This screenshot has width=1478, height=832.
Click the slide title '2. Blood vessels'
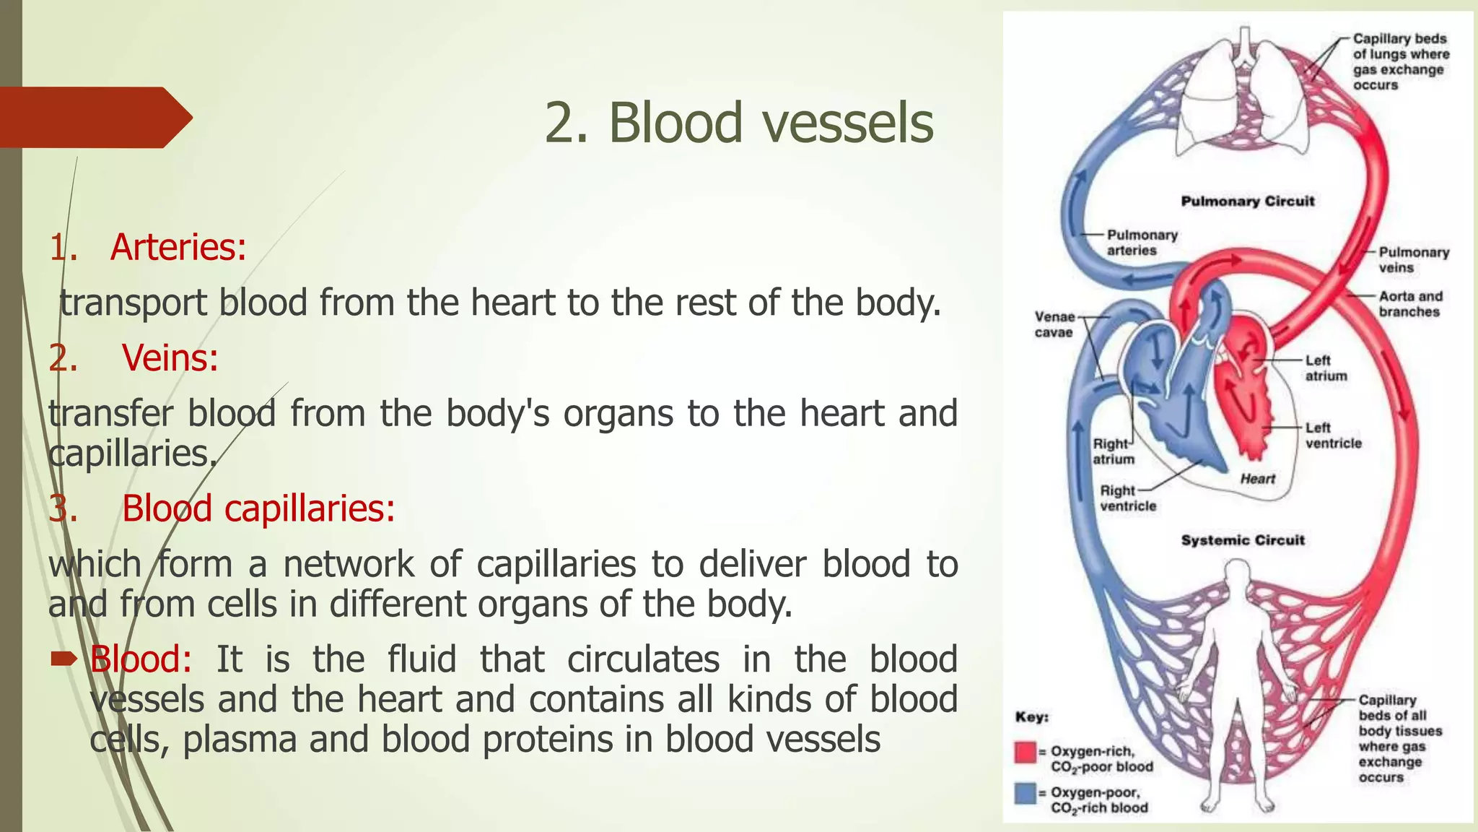tap(738, 123)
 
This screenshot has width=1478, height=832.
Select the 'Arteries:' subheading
tap(178, 247)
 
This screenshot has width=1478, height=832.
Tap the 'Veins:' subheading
tap(170, 357)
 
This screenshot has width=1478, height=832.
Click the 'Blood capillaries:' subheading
tap(258, 508)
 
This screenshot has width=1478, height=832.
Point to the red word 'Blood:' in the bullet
tap(141, 659)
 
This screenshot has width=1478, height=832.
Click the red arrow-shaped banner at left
tap(94, 117)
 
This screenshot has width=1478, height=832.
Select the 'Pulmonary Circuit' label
tap(1247, 201)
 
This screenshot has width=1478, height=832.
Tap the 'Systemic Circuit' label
tap(1243, 540)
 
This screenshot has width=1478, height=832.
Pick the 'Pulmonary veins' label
tap(1413, 260)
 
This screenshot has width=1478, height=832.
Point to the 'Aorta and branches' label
tap(1410, 304)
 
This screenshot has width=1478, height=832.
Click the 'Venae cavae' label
tap(1054, 325)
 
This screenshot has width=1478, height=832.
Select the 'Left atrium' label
tap(1326, 368)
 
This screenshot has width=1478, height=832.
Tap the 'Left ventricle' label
tap(1332, 436)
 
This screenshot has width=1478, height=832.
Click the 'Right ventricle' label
tap(1127, 498)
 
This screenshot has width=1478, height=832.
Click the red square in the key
tap(1025, 753)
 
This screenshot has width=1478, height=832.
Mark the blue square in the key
tap(1025, 793)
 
